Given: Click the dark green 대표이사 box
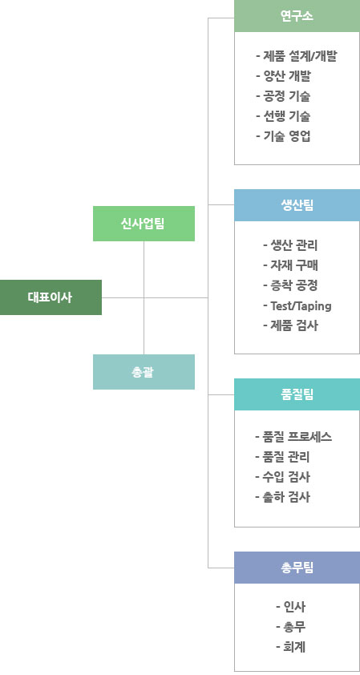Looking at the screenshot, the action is pos(51,297).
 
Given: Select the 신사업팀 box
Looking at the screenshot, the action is pos(144,224).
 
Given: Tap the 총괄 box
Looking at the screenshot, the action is pos(144,372).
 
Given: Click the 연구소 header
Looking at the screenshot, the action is pos(297,16).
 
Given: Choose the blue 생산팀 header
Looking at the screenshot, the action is pos(297,205).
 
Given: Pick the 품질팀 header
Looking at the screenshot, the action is pos(297,394).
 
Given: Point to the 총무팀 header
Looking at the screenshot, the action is pos(297,568).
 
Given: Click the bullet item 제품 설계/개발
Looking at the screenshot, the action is pos(296,56).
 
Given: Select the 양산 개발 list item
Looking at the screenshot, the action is pos(283,76).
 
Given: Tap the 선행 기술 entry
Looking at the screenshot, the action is pos(283,116).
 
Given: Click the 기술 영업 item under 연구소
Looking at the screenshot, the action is pos(283,136).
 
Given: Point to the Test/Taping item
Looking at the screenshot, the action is pos(297,306).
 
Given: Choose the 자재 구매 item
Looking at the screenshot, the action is pos(291,265).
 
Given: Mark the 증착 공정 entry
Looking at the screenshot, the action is pos(290,285).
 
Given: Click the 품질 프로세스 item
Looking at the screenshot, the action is pos(293,438).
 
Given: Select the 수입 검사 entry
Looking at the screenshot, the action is pos(282,477).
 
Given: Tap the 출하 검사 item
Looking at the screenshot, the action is pos(282,497).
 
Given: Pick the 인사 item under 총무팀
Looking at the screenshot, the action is pos(291,607).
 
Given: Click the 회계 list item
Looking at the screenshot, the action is pos(291,647).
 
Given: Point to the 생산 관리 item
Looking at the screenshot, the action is pos(290,245).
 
